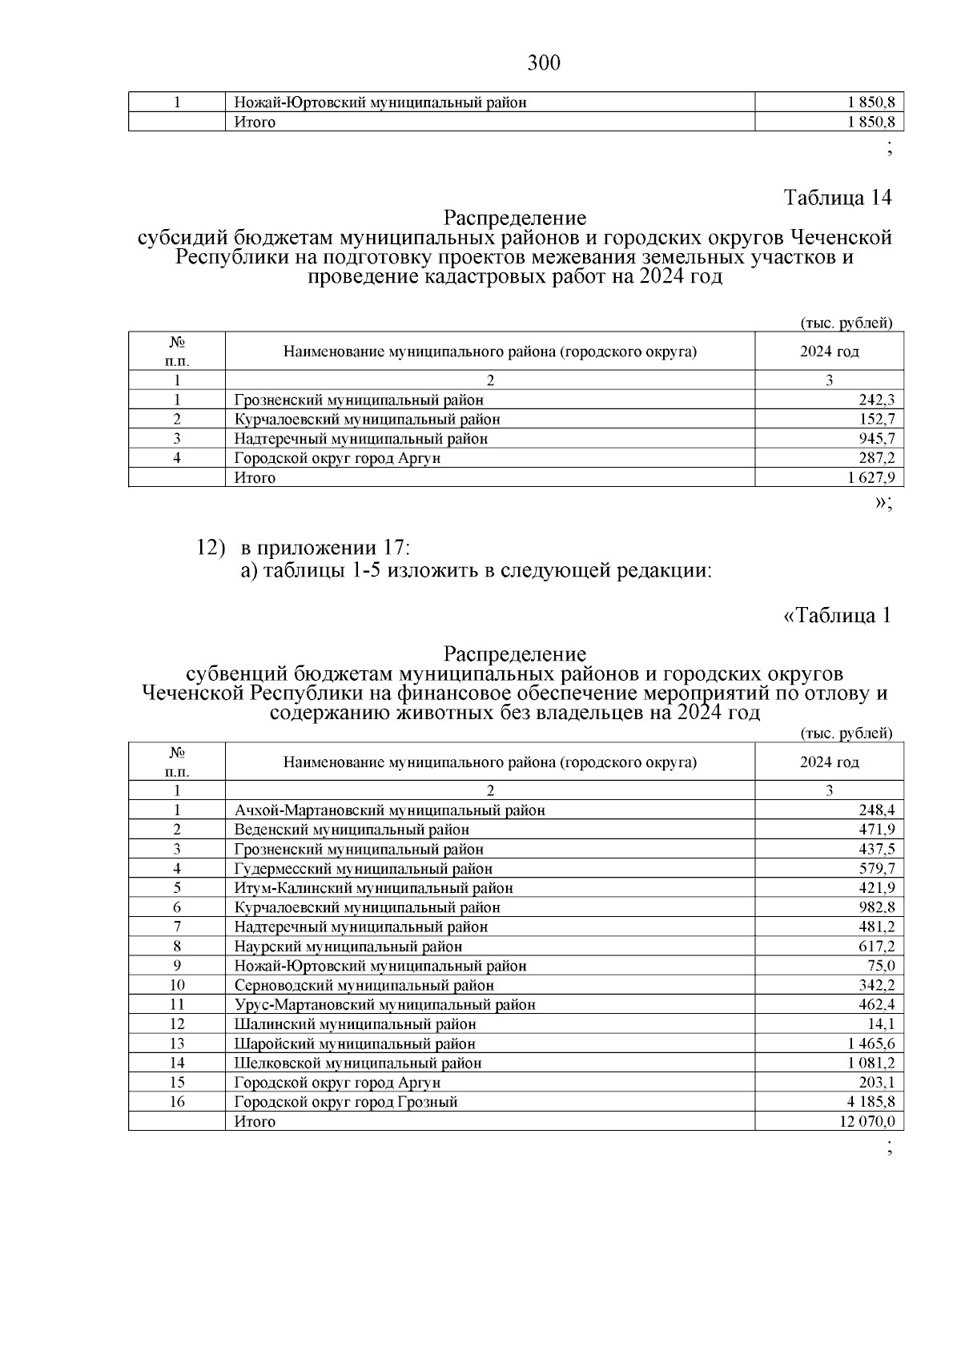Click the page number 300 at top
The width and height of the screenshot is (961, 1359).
pos(544,62)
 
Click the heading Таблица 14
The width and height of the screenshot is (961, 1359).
pos(837,197)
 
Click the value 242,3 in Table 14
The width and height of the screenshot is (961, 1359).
pos(879,400)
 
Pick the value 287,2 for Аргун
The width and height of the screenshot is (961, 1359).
pos(879,459)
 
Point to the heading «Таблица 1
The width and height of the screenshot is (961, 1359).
pos(835,616)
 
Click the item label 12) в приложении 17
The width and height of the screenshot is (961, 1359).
pos(304,549)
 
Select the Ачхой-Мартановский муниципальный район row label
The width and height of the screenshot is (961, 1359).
pos(389,810)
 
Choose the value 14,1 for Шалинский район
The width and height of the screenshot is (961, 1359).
pos(883,1024)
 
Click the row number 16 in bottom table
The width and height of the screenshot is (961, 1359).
pos(177,1103)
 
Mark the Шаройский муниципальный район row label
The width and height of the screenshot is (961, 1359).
pos(355,1044)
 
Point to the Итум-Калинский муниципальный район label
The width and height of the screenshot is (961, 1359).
pos(373,888)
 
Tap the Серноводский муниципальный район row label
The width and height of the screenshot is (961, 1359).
pos(364,986)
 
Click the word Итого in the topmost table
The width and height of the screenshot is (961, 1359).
pos(255,123)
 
